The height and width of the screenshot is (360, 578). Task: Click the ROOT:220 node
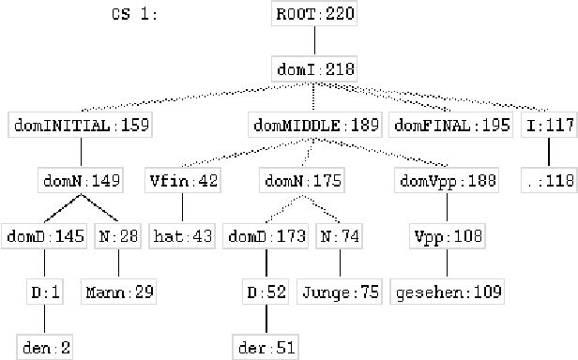tap(315, 15)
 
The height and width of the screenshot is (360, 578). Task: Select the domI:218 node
tap(315, 68)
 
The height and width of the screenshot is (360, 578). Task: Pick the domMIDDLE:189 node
tap(315, 124)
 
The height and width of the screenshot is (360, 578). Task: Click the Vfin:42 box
tap(183, 180)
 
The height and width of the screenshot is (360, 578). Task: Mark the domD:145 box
tap(44, 236)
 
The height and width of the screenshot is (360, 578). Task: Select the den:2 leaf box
tap(43, 348)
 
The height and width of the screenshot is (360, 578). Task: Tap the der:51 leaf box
tap(266, 348)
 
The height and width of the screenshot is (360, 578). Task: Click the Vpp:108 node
tap(435, 236)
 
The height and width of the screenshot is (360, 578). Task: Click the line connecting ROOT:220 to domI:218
tap(315, 41)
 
